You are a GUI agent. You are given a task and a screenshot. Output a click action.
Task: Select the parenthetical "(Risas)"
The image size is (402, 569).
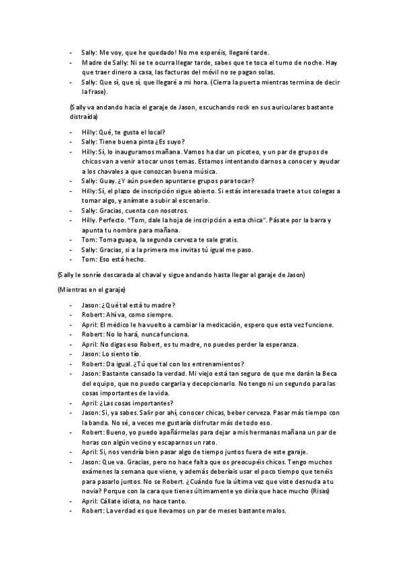[x=317, y=492]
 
